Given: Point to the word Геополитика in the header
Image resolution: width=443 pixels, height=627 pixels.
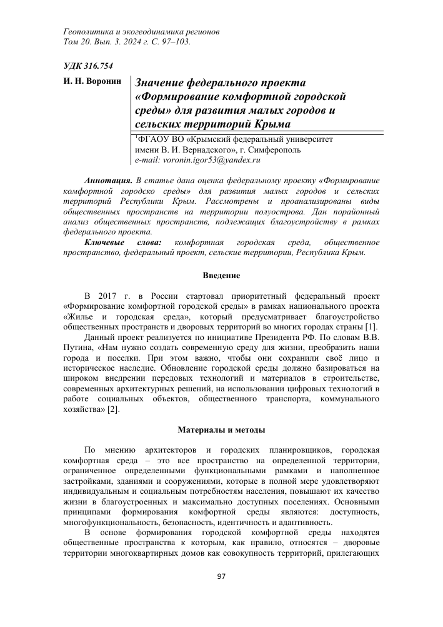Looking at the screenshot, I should click(x=89, y=31).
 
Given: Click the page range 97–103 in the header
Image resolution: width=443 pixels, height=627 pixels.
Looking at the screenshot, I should click(x=173, y=42).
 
